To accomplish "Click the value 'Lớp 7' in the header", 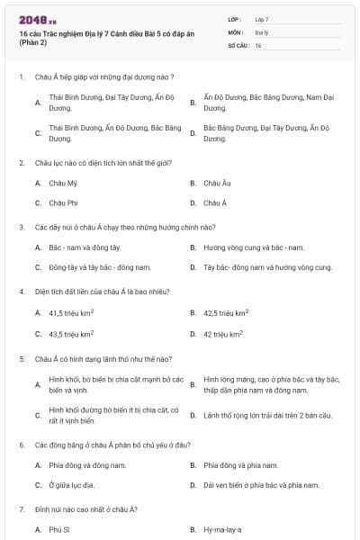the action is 262,19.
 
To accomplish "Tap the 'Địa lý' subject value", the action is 260,31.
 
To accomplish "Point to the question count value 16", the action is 258,45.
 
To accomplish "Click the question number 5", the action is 21,357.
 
